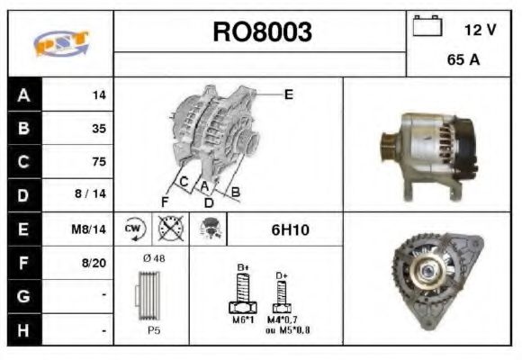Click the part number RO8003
[261, 32]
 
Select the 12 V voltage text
[480, 30]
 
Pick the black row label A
[23, 94]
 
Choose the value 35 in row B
[98, 128]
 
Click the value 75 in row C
[98, 162]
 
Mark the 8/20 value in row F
[94, 264]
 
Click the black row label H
[23, 330]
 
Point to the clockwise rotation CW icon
[133, 229]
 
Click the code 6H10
[290, 230]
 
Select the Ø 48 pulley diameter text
[153, 259]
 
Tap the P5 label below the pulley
[153, 330]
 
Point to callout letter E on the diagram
[288, 94]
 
